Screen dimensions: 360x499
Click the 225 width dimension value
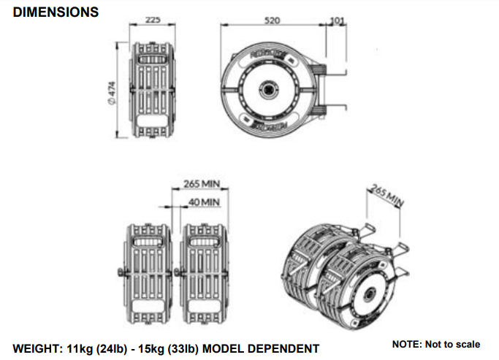tap(153, 20)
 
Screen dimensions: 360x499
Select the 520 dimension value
tap(272, 21)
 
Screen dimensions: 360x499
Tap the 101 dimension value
tap(337, 20)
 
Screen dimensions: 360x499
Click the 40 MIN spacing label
tap(204, 202)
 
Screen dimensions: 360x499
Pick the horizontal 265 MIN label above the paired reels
tap(202, 184)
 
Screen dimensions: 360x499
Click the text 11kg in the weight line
tap(88, 348)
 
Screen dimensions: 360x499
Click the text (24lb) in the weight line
tap(120, 348)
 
